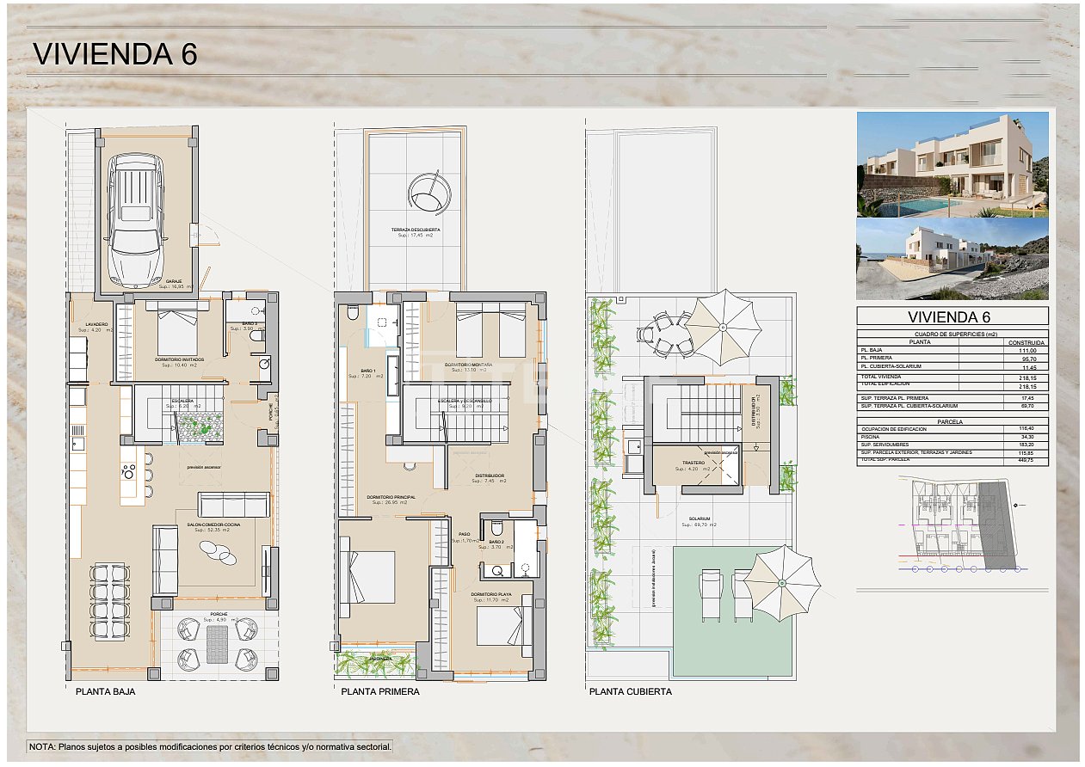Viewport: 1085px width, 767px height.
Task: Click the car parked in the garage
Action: pos(137,219)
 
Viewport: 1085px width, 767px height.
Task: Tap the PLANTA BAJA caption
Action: pos(105,691)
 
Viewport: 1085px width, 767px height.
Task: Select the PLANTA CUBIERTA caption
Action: pos(631,691)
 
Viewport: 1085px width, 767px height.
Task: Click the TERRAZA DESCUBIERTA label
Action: pos(416,230)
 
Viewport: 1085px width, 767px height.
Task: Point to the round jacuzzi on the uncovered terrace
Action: pos(428,193)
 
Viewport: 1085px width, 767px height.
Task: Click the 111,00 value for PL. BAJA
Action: pos(1027,351)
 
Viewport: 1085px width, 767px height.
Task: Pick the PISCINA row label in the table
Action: pos(871,437)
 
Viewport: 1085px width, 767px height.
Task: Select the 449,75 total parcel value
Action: pos(1027,460)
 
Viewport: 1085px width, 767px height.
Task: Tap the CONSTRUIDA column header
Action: pos(1027,342)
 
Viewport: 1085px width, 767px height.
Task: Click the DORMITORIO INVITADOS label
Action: pos(180,359)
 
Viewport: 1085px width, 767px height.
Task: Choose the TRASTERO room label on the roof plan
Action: pos(694,463)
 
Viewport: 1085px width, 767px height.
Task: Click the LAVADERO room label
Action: pos(96,324)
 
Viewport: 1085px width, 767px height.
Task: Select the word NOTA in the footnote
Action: pos(41,747)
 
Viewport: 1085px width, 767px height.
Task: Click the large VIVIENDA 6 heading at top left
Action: pos(114,54)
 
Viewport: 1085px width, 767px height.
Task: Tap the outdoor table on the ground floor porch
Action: pos(217,643)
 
